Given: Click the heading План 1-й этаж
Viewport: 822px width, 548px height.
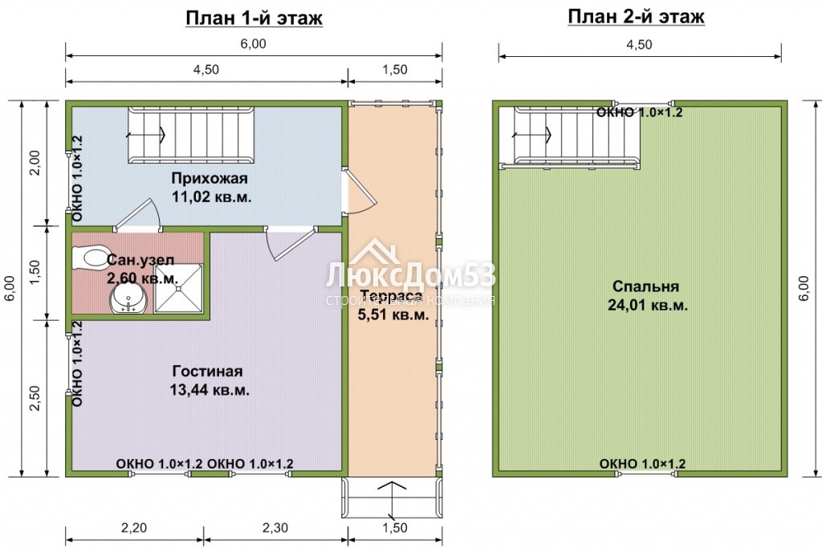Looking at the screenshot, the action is pyautogui.click(x=254, y=18).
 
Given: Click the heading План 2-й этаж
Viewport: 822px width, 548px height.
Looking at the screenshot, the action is pyautogui.click(x=636, y=17).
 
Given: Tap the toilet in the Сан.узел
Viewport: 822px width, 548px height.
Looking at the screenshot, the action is pyautogui.click(x=92, y=257).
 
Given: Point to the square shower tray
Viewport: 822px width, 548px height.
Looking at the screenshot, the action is pyautogui.click(x=179, y=289).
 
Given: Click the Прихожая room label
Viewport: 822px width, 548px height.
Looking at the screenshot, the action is pyautogui.click(x=210, y=178).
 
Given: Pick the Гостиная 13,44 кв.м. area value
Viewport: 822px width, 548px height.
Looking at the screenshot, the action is pyautogui.click(x=210, y=390).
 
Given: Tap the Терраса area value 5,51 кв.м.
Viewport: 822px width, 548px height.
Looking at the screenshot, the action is pyautogui.click(x=393, y=315).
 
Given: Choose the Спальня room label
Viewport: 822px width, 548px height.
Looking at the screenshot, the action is pyautogui.click(x=646, y=286).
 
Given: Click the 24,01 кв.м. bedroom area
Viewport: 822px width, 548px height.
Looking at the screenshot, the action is pyautogui.click(x=648, y=305).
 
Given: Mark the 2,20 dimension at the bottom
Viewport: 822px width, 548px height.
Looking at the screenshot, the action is pyautogui.click(x=134, y=528).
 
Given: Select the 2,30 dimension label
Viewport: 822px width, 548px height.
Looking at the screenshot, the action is pyautogui.click(x=275, y=528).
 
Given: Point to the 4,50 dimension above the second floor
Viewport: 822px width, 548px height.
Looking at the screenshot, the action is pyautogui.click(x=640, y=45).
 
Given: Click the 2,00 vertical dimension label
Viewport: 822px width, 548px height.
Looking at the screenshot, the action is pyautogui.click(x=35, y=163).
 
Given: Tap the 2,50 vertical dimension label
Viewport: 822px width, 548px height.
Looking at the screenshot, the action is pyautogui.click(x=35, y=398).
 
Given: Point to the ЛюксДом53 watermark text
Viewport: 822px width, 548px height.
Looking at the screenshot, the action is pyautogui.click(x=410, y=276).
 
